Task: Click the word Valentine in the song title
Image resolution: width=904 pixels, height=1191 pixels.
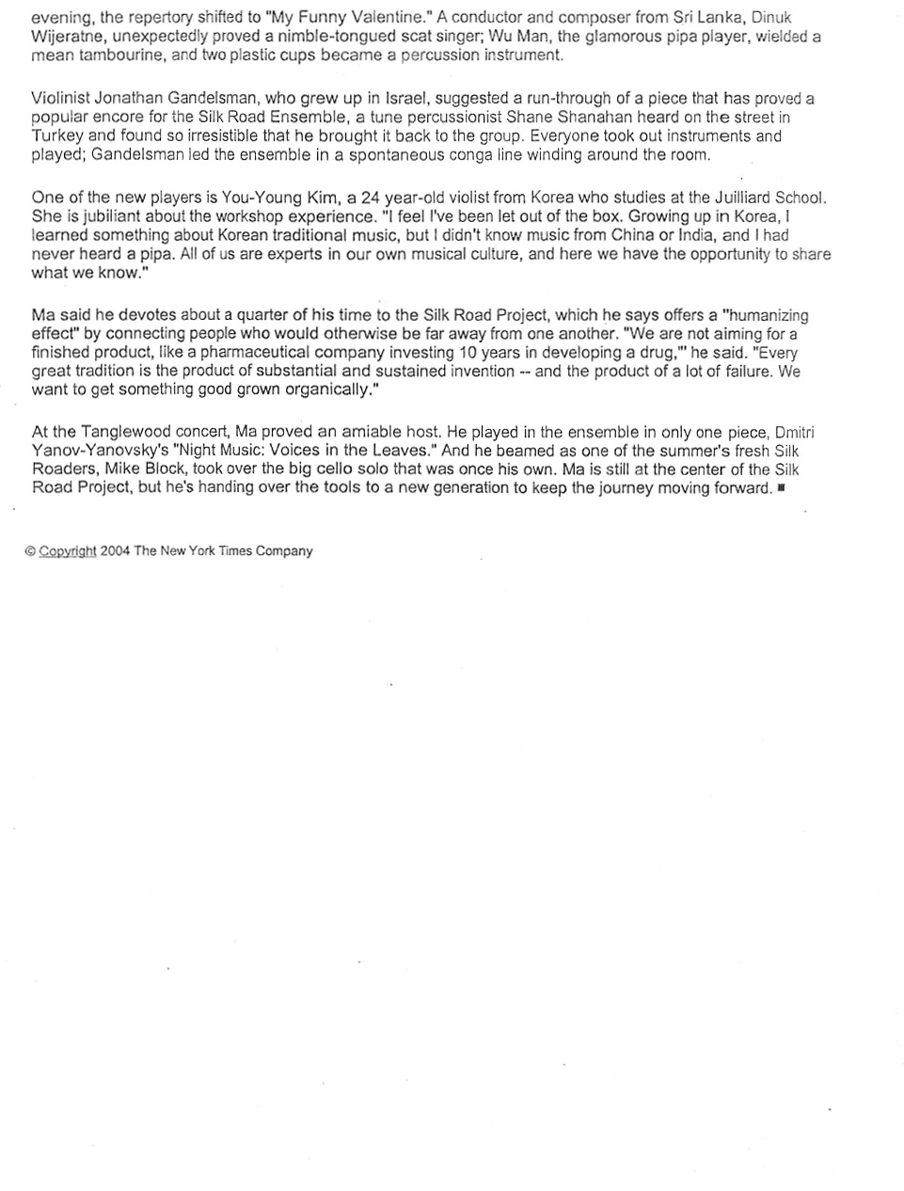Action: (394, 18)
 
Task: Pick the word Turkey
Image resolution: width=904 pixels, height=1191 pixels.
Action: (58, 136)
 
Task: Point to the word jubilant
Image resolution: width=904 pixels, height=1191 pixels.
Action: (97, 217)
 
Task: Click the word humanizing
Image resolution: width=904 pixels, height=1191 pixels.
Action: (765, 316)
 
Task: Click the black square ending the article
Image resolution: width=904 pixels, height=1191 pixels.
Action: (782, 489)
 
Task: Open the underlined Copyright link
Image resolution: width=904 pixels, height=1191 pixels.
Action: (67, 551)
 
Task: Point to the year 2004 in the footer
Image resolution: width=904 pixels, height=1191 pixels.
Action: (115, 551)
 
